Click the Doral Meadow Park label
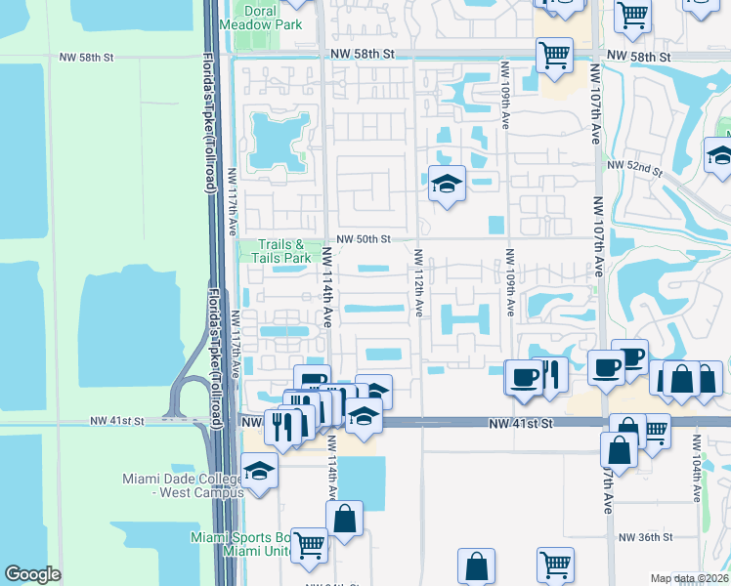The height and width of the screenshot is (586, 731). [x=260, y=17]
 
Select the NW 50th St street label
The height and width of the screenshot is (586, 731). [x=364, y=238]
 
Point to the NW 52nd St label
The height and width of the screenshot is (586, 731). [x=633, y=169]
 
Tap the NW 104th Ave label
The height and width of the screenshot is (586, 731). [x=697, y=467]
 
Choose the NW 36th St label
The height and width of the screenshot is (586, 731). [x=645, y=537]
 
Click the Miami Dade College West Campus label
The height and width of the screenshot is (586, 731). [x=183, y=485]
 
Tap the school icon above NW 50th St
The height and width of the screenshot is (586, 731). [x=447, y=183]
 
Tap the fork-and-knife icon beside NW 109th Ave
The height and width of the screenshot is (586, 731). [x=551, y=375]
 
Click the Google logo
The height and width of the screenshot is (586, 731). [x=32, y=574]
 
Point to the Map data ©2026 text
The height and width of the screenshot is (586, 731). [x=689, y=578]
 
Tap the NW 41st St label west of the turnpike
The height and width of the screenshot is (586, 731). [x=116, y=421]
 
